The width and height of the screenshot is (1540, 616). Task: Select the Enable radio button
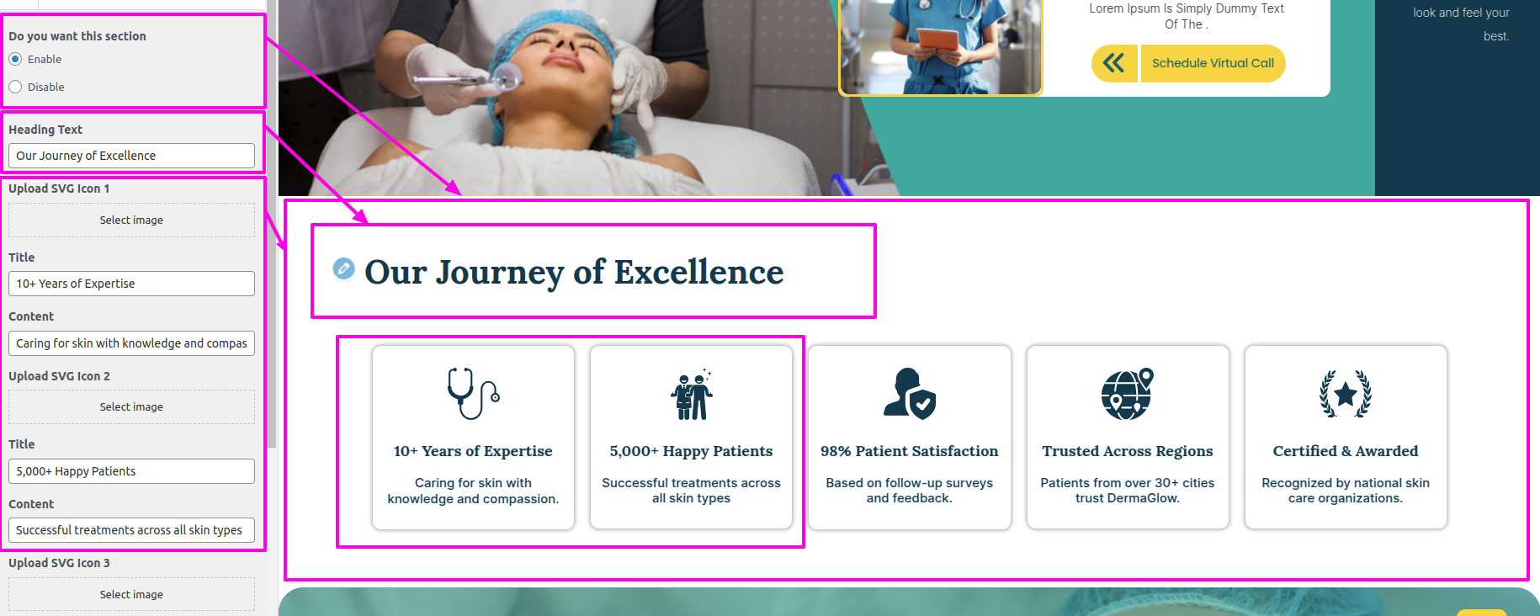pos(15,59)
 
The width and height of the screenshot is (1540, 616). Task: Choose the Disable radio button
pos(15,87)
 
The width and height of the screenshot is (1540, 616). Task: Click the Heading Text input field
pos(131,156)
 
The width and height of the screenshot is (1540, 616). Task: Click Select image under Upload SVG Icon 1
pos(131,220)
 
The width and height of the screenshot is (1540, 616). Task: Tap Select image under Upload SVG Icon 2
pos(131,406)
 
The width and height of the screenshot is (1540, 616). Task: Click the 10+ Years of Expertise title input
pos(131,284)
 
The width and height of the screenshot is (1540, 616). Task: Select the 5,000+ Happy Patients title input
pos(131,471)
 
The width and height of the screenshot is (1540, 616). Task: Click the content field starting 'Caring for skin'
pos(131,343)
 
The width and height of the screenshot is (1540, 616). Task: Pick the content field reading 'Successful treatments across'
pos(131,530)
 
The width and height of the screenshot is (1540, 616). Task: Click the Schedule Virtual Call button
pos(1213,63)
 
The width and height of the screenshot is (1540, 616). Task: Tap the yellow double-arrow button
pos(1114,63)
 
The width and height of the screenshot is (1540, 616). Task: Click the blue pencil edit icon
pos(343,268)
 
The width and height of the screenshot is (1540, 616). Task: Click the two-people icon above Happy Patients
pos(692,394)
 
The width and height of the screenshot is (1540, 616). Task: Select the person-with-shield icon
pos(910,393)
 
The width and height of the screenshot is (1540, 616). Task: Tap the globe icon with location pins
pos(1128,393)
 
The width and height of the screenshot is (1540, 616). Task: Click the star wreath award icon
pos(1346,394)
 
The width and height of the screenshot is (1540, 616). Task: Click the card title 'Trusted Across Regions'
pos(1128,451)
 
